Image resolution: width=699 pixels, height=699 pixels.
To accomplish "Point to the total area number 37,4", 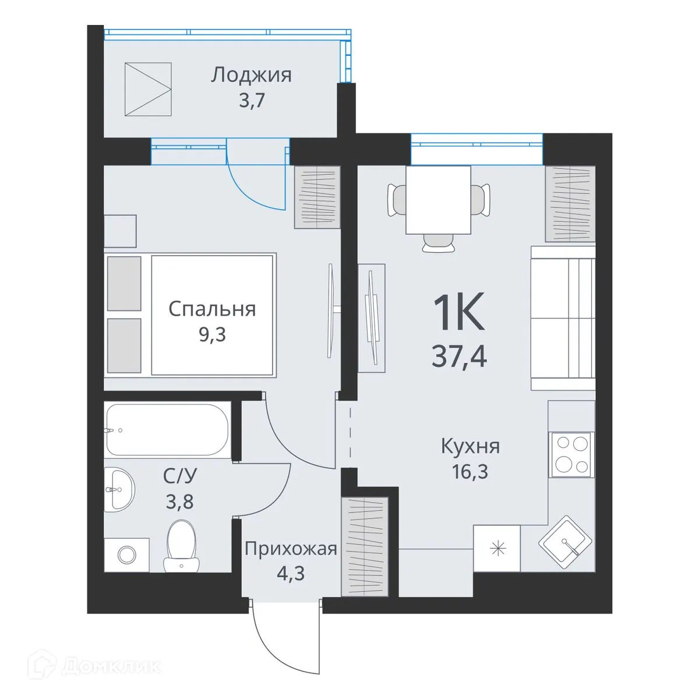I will point(459,354).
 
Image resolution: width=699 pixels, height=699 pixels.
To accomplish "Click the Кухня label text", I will point(470,447).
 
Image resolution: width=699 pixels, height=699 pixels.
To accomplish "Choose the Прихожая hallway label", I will point(291,549).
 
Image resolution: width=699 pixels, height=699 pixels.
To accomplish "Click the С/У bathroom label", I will point(180,476).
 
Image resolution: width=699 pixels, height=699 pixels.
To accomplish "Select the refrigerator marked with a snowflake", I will point(497,548).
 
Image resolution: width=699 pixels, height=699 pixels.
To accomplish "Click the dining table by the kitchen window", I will point(438,199).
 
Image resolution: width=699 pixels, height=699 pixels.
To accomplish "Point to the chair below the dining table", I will point(438,243).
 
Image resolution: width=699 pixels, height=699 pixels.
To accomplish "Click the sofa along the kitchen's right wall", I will point(563,318).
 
